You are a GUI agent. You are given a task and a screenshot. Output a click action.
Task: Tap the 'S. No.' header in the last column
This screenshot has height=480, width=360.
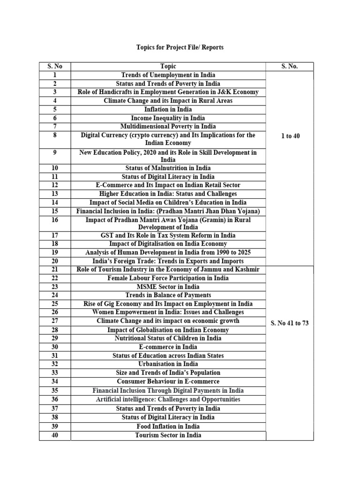(x=290, y=67)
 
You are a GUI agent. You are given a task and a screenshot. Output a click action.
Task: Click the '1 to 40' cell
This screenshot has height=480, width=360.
(x=290, y=136)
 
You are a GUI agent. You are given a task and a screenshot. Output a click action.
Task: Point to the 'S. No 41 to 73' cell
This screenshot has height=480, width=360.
(x=290, y=323)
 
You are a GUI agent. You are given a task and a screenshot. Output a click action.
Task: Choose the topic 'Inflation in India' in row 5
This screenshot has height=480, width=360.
(x=168, y=109)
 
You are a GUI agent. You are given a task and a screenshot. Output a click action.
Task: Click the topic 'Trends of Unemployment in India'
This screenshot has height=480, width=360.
(x=168, y=75)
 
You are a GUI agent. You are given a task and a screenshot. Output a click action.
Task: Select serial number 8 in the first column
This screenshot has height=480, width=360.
(x=55, y=135)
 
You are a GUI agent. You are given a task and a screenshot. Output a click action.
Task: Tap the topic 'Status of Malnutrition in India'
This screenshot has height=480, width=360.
(x=168, y=168)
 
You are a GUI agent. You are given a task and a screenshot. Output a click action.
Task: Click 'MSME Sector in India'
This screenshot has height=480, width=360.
(x=168, y=286)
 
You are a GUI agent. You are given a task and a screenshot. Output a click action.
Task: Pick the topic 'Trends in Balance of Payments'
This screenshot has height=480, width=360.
(x=168, y=295)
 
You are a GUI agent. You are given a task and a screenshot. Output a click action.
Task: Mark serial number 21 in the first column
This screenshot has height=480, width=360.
(x=55, y=270)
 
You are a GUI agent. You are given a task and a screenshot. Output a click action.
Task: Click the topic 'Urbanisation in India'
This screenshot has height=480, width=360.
(x=168, y=364)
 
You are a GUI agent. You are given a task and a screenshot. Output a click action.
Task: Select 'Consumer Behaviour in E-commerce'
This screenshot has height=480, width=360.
(x=168, y=382)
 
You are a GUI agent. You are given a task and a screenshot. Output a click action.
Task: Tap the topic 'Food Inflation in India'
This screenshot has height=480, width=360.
(x=168, y=426)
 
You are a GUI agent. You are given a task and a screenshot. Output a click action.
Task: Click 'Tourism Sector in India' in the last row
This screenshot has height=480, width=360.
(x=168, y=435)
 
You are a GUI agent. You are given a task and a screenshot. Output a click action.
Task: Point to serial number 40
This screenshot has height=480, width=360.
(x=55, y=435)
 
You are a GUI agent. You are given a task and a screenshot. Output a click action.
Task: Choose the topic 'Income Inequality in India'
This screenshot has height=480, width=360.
(x=168, y=118)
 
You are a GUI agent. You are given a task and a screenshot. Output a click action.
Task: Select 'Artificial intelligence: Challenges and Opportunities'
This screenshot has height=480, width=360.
(x=168, y=399)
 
